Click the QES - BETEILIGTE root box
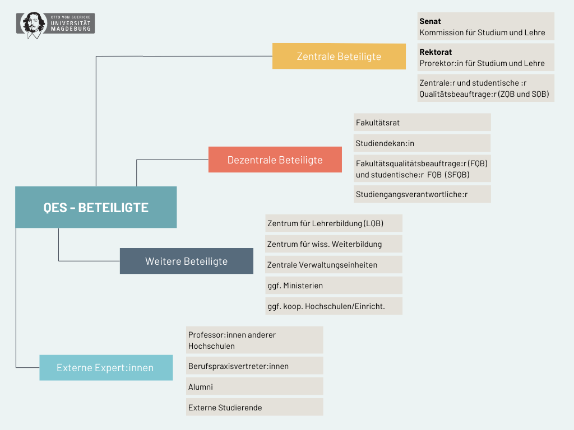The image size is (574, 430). (96, 207)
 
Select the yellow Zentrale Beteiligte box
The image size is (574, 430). (339, 57)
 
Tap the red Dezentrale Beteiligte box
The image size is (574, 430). (275, 160)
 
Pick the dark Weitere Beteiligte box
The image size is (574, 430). (186, 261)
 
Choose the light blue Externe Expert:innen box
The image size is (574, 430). (105, 368)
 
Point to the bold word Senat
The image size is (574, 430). (430, 22)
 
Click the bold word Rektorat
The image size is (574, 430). (436, 53)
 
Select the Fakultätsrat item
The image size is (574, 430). (422, 123)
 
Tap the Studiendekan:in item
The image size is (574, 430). (422, 143)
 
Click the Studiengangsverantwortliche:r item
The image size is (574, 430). (422, 195)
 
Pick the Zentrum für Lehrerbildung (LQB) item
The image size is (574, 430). (334, 223)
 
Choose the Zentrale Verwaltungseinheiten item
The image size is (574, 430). (334, 265)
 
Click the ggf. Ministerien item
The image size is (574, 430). (334, 286)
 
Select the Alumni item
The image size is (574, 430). (254, 387)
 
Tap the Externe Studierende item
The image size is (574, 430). (254, 408)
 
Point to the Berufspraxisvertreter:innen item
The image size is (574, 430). (254, 366)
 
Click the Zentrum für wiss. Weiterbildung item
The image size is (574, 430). (334, 244)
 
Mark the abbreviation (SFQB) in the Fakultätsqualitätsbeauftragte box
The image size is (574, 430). (457, 175)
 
